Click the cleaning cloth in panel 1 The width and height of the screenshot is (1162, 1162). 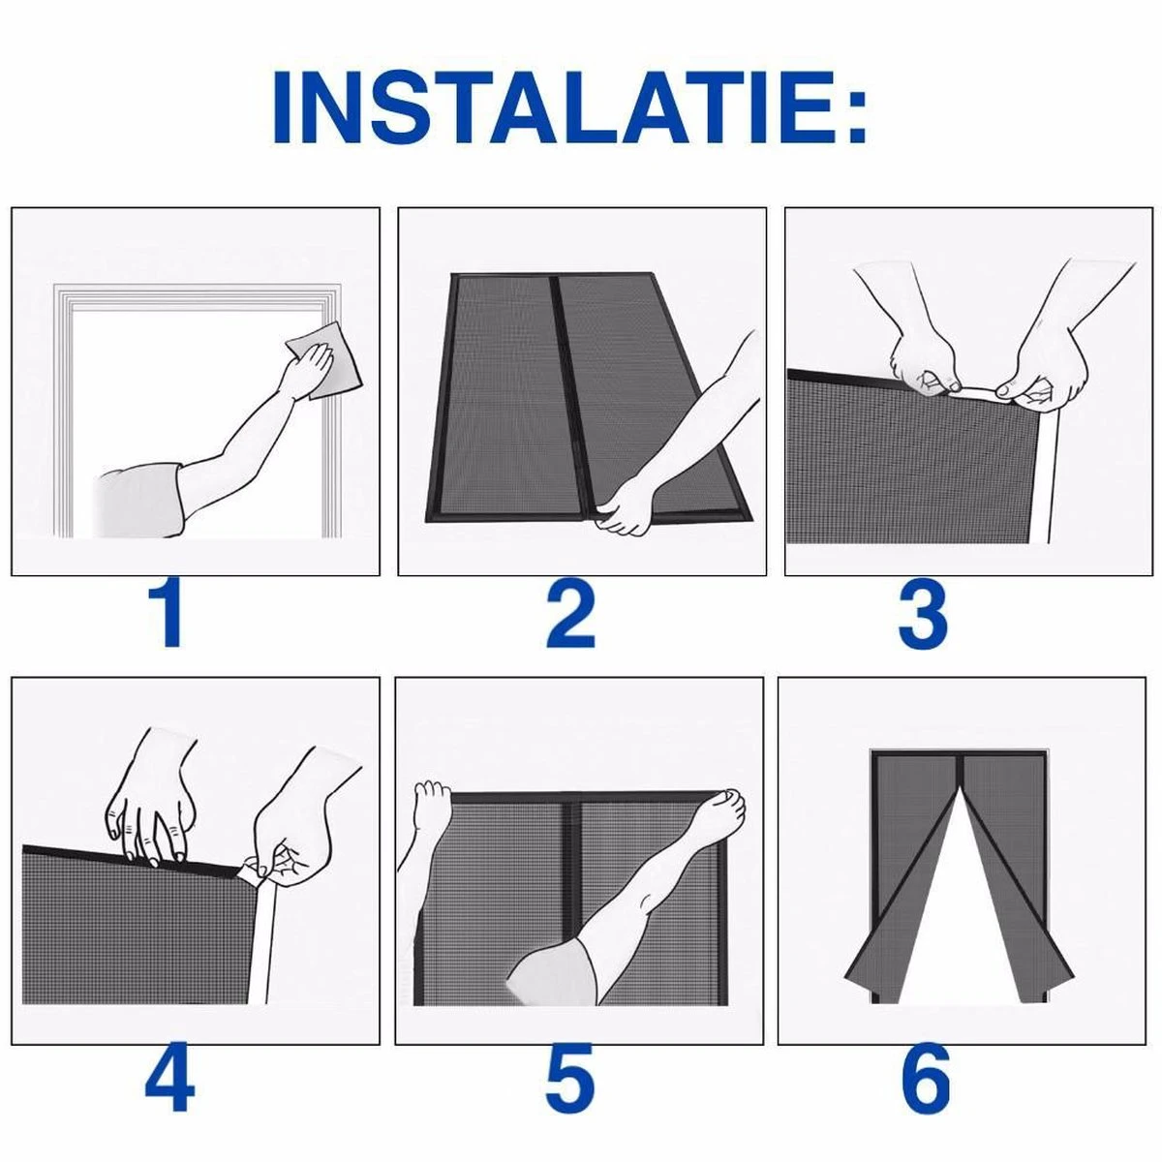(x=323, y=360)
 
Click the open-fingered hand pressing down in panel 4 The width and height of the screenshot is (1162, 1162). (x=151, y=796)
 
